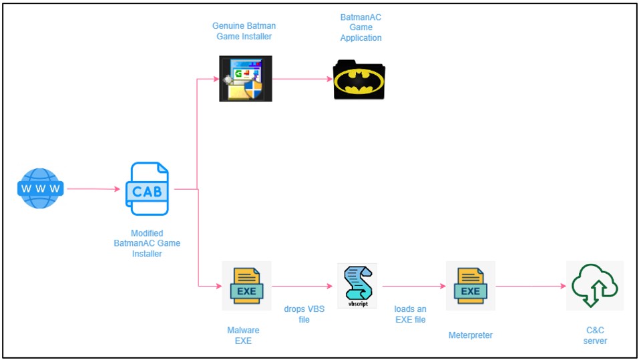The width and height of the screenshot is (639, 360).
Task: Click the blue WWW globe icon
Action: [x=40, y=188]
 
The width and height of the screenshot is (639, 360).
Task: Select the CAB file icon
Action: [x=147, y=189]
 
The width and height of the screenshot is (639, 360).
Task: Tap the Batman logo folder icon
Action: [x=359, y=79]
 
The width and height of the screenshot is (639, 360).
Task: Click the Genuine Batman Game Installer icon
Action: [x=246, y=79]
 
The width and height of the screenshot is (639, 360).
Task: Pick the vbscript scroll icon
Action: [x=357, y=286]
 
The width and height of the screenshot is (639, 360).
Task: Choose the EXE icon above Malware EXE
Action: [x=246, y=286]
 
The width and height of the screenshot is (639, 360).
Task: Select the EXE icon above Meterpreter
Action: [x=471, y=286]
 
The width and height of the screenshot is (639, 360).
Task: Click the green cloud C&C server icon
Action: [x=595, y=285]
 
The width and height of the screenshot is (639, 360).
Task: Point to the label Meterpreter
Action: [x=470, y=335]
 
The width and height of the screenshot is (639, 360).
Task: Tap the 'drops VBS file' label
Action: [x=304, y=315]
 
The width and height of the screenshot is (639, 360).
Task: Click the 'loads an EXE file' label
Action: [x=411, y=315]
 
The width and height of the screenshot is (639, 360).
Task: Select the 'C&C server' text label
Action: [x=595, y=335]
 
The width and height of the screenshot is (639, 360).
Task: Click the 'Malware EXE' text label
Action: [x=243, y=335]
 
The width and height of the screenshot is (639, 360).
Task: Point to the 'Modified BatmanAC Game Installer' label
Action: [x=147, y=243]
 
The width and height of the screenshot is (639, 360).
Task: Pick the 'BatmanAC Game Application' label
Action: [x=361, y=28]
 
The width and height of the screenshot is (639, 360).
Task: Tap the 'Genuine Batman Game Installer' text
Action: [x=244, y=31]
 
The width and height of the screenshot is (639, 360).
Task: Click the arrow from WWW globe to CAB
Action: [x=93, y=189]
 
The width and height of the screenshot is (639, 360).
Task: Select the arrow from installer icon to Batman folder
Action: [x=302, y=79]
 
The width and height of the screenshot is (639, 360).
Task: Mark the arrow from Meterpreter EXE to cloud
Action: [x=531, y=286]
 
